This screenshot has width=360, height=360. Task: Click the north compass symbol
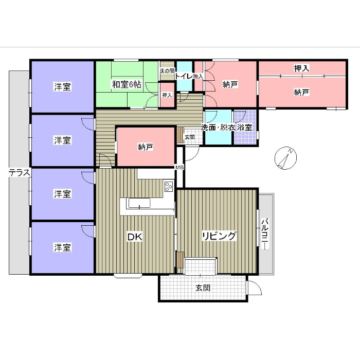tap(285, 158)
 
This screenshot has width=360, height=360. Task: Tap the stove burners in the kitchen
tap(169, 186)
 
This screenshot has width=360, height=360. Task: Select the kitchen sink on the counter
tap(139, 203)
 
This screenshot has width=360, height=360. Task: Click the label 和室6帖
tap(127, 84)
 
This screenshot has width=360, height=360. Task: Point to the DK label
tap(135, 237)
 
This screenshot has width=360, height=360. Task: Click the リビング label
tap(219, 236)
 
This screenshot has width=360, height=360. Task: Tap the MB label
tap(179, 168)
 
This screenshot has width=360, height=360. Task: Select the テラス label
tap(20, 173)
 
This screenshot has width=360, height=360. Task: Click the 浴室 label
tap(244, 127)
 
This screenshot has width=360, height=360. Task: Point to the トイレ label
tap(184, 76)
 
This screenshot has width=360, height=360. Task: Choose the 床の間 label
tap(167, 70)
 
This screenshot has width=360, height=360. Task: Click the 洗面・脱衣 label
tap(218, 127)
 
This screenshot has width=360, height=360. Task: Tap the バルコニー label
tap(265, 234)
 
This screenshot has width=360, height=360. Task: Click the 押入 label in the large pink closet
tap(302, 68)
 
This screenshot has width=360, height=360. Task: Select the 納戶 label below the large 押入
tap(302, 92)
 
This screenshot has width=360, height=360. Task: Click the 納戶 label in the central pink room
tap(146, 147)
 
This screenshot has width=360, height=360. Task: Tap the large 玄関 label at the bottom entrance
tap(203, 287)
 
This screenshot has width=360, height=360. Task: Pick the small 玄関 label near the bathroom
tap(190, 137)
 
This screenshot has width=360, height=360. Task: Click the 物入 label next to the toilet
tap(198, 76)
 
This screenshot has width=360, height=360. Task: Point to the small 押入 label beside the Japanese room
tap(167, 95)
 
